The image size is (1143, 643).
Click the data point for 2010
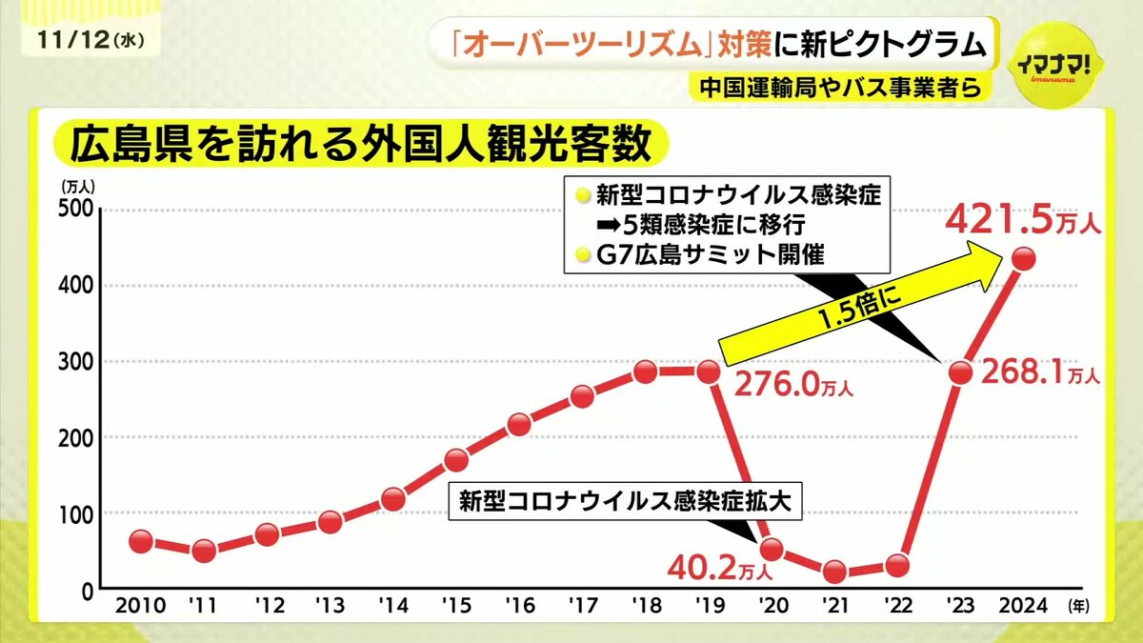click(x=140, y=541)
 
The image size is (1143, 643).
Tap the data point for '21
click(x=835, y=572)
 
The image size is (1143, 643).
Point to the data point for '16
click(x=519, y=424)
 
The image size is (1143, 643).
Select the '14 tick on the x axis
click(x=392, y=606)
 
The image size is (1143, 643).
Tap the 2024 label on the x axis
click(x=1024, y=606)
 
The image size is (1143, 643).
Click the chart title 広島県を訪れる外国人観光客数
click(x=351, y=146)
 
